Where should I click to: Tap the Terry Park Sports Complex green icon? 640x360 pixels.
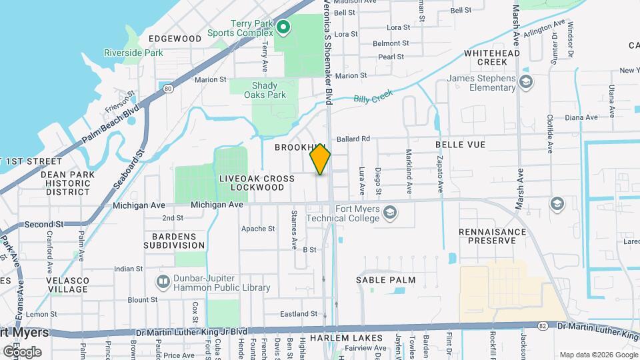click(283, 27)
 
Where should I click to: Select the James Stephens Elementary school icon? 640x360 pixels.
click(526, 82)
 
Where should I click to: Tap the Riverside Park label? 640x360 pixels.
click(124, 53)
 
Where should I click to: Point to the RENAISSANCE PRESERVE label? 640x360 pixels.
click(493, 236)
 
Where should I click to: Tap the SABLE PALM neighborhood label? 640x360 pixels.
click(386, 281)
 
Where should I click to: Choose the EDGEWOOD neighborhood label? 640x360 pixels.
click(175, 39)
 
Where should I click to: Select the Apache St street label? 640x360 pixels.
click(258, 229)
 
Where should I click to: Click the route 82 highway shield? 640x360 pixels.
click(544, 325)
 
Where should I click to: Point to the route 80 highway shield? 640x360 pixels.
click(166, 87)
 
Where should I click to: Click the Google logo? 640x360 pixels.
click(22, 351)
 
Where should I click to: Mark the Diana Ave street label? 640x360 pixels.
click(581, 117)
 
